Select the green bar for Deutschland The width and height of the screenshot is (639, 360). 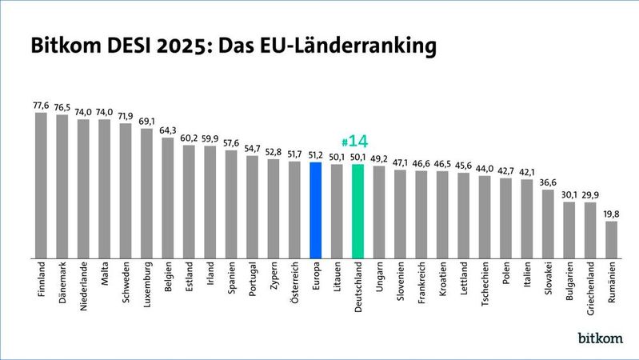point(358,210)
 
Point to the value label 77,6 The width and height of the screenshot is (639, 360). point(42,105)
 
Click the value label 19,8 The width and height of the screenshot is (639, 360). point(611,214)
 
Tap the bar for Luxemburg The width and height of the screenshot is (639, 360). point(147,192)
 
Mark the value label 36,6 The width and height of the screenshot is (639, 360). point(548,182)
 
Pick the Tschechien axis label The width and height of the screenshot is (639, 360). point(485,284)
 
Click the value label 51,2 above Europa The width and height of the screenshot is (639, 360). point(316,155)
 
